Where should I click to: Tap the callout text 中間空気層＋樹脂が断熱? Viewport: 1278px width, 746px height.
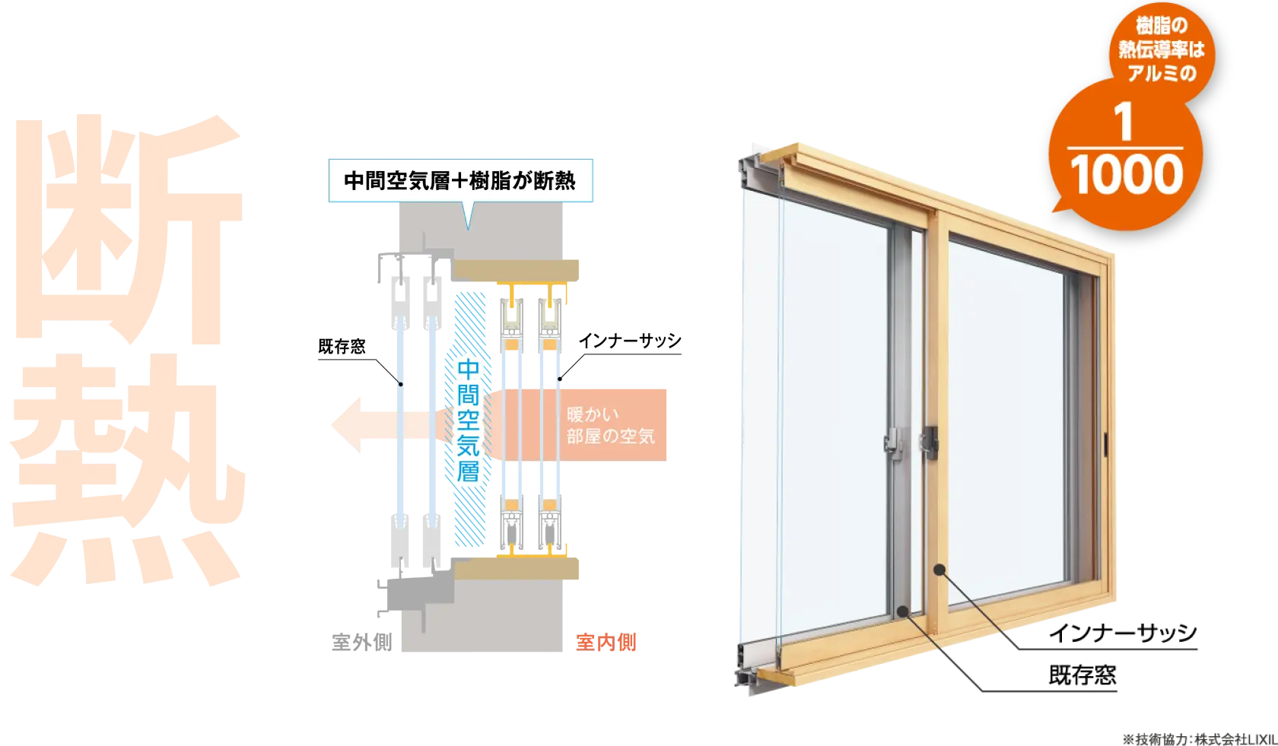(459, 181)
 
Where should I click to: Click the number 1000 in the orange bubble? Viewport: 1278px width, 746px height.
(1127, 175)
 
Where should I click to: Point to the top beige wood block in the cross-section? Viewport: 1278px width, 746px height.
(520, 269)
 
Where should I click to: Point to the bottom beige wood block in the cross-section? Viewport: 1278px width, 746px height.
(520, 567)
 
